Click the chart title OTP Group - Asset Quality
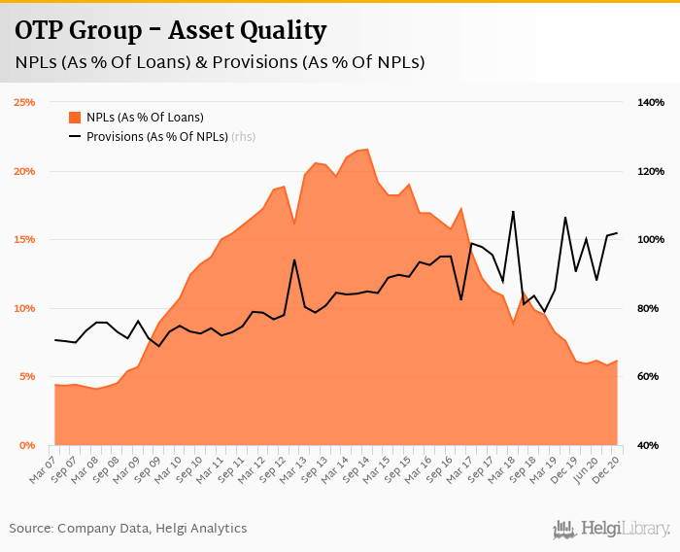coord(171,30)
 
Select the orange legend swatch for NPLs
coord(75,117)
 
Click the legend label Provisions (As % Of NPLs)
coord(156,136)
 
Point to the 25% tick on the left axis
coord(23,102)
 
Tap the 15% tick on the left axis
coord(23,239)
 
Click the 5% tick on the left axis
coord(26,376)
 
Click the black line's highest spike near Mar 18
coord(513,211)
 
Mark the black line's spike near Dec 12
coord(293,259)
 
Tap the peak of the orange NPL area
coord(366,150)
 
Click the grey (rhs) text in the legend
coord(244,136)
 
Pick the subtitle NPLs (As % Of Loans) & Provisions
coord(220,61)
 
